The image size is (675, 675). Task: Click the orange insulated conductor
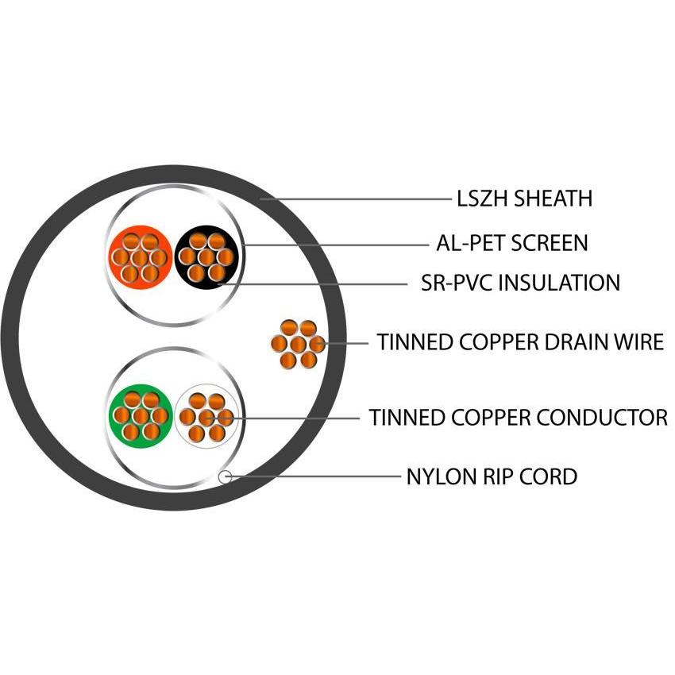(x=140, y=256)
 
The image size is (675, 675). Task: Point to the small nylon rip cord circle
(x=225, y=476)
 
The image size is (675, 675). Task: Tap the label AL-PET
(x=469, y=242)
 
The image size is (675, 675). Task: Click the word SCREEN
(x=550, y=242)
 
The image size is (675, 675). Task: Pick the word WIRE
(x=639, y=343)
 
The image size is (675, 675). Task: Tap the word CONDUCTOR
(x=603, y=417)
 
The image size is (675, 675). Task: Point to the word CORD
(x=549, y=477)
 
